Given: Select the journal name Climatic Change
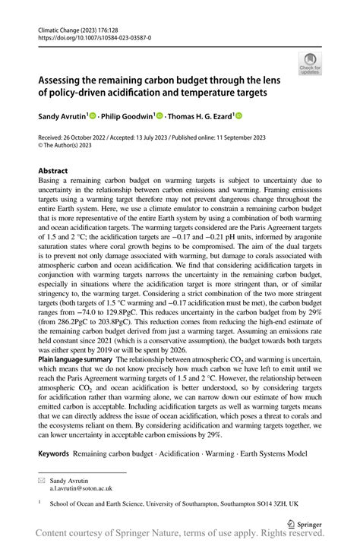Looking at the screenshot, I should coord(62,29).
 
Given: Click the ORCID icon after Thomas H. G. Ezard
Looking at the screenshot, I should coord(238,116).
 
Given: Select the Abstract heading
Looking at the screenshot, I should coord(53,171).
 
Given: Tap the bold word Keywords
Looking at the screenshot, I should coord(54,453).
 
